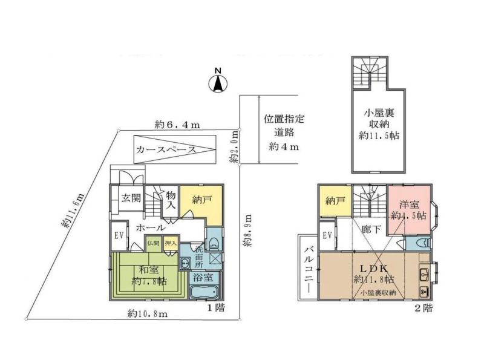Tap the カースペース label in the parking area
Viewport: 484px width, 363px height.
[x=166, y=149]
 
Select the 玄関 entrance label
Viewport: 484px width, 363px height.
[x=131, y=198]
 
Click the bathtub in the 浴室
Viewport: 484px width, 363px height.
[x=204, y=292]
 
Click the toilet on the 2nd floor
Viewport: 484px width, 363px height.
[x=423, y=243]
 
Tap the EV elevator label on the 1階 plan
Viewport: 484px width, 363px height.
[x=119, y=235]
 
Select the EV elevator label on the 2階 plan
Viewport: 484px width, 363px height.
[x=327, y=235]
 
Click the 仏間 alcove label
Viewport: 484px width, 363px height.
[x=153, y=243]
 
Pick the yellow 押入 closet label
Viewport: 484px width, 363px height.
[x=171, y=243]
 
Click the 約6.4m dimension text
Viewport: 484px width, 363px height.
[x=177, y=125]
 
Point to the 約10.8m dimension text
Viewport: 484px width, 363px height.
[x=148, y=314]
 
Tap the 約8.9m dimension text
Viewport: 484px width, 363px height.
[x=247, y=231]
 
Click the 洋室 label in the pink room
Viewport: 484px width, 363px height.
[x=409, y=204]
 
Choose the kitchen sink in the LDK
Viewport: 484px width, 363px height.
[x=425, y=273]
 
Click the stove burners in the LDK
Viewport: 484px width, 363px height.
[x=424, y=291]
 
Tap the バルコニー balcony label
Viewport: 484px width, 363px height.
[x=310, y=267]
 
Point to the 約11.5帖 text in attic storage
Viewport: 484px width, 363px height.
[x=379, y=135]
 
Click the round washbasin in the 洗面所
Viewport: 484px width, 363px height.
[x=185, y=263]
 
